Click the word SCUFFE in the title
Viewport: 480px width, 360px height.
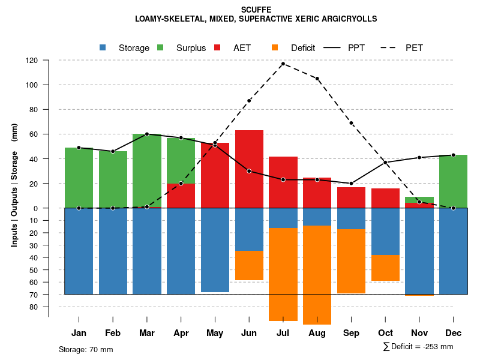pos(256,10)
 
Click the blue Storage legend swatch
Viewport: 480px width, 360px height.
pos(103,47)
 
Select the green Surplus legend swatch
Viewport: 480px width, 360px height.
pos(161,47)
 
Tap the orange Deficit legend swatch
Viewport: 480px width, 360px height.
pos(275,47)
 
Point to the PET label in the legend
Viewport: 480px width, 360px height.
pos(414,48)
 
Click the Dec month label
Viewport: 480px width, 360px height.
pos(454,333)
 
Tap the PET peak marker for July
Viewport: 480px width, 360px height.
pos(283,64)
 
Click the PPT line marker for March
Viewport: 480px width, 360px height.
pos(147,134)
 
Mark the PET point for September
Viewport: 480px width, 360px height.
pos(351,123)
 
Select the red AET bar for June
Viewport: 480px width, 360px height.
pos(249,150)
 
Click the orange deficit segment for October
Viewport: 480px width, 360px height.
pos(385,268)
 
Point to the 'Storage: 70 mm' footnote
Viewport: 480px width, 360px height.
pos(86,349)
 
